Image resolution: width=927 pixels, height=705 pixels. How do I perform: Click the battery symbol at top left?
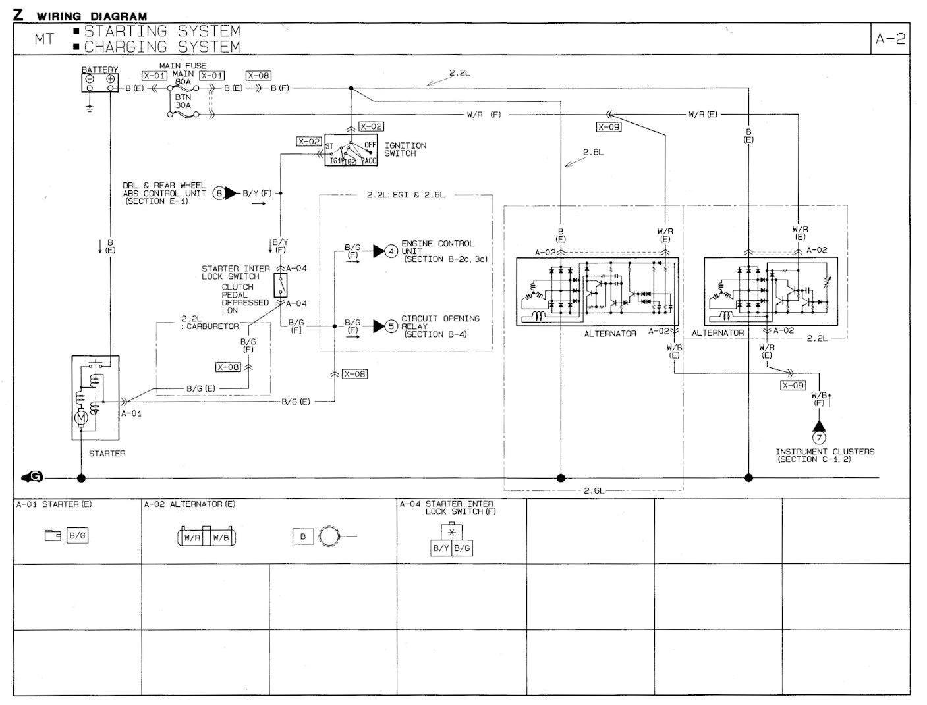click(100, 82)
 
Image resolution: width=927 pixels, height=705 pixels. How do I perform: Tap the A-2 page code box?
click(890, 39)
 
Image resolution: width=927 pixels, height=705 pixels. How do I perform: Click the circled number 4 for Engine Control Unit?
click(391, 251)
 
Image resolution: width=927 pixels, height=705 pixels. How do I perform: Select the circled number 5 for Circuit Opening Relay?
click(391, 326)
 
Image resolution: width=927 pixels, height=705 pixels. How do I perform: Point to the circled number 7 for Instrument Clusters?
click(820, 438)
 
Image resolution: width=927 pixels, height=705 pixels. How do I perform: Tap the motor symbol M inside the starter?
click(81, 416)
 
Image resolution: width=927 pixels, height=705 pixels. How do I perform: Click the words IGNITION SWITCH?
click(405, 149)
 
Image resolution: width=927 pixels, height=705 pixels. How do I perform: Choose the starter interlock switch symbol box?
click(281, 285)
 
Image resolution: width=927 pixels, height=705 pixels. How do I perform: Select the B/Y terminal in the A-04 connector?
click(441, 548)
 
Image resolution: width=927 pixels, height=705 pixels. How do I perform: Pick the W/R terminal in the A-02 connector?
click(192, 538)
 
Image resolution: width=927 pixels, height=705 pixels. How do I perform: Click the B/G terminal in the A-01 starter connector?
click(77, 535)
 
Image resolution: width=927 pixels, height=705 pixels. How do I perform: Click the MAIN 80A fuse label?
click(183, 78)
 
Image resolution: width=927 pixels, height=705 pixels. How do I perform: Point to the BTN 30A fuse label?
click(183, 101)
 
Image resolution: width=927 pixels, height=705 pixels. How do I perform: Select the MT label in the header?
click(45, 39)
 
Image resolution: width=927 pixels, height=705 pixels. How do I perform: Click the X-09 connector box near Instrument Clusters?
click(793, 385)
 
